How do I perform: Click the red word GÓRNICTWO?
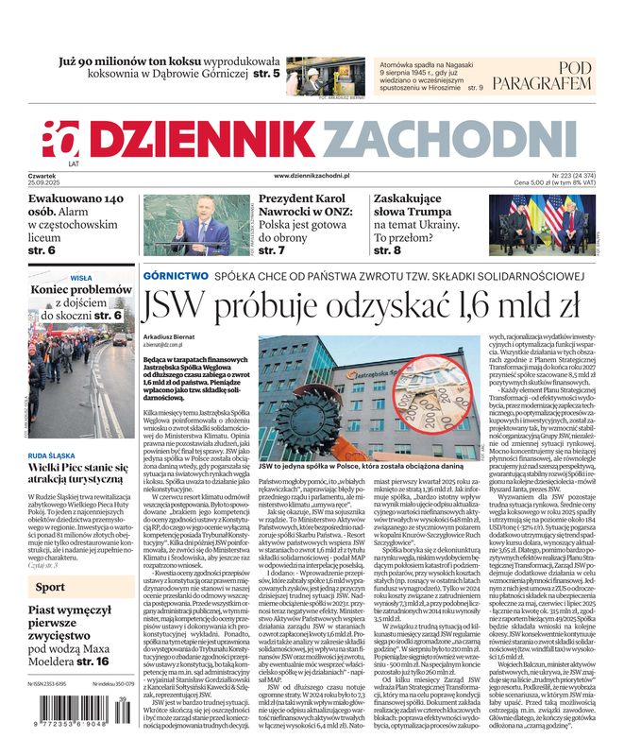coord(176,275)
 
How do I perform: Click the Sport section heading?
coord(50,588)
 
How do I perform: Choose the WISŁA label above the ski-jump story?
coord(82,278)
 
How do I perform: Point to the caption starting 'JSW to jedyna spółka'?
coord(346,466)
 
